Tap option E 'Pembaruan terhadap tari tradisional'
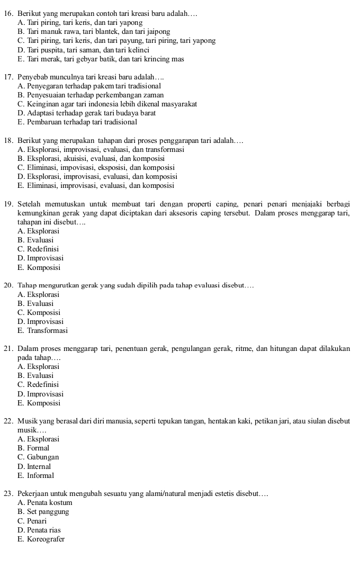(x=77, y=122)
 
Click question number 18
(x=8, y=140)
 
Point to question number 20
(x=8, y=286)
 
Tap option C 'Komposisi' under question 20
(x=39, y=313)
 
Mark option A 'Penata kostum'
(x=44, y=503)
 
